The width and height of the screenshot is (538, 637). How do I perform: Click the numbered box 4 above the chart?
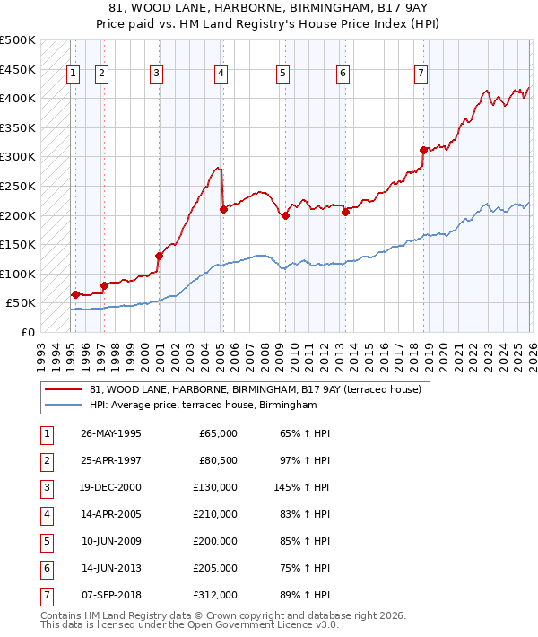pyautogui.click(x=220, y=74)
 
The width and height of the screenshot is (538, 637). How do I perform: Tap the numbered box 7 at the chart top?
pyautogui.click(x=421, y=74)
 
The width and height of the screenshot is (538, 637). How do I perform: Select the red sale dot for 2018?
pyautogui.click(x=423, y=150)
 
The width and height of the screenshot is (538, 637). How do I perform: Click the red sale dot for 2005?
pyautogui.click(x=223, y=209)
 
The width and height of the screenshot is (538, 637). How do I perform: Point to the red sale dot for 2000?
pyautogui.click(x=160, y=256)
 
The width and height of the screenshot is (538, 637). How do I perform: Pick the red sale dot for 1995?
pyautogui.click(x=75, y=294)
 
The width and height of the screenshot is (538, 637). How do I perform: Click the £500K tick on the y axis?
pyautogui.click(x=18, y=40)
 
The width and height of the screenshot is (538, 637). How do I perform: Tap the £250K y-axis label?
pyautogui.click(x=18, y=186)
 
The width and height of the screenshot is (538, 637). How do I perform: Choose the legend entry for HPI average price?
pyautogui.click(x=204, y=406)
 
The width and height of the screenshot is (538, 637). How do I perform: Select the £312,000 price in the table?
pyautogui.click(x=218, y=595)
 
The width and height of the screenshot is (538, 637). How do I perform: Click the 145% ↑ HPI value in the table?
pyautogui.click(x=302, y=487)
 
